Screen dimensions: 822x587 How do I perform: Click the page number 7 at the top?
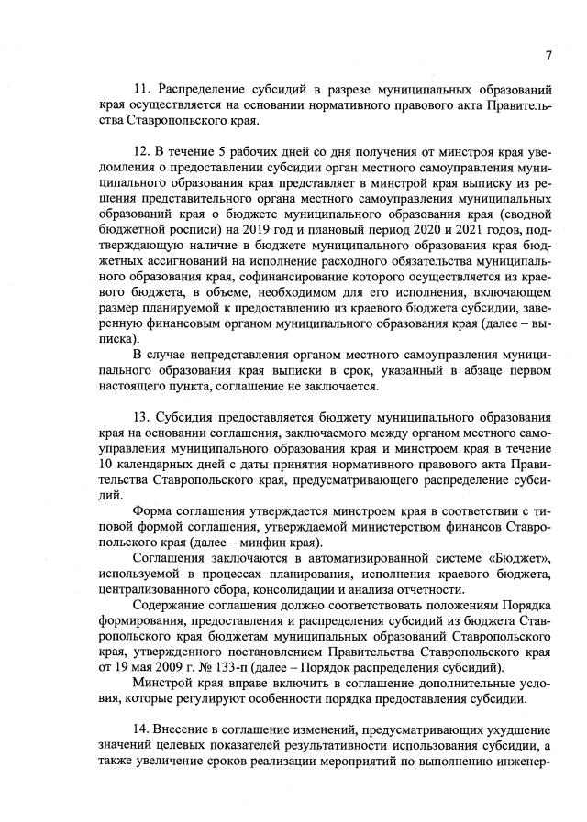point(548,55)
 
